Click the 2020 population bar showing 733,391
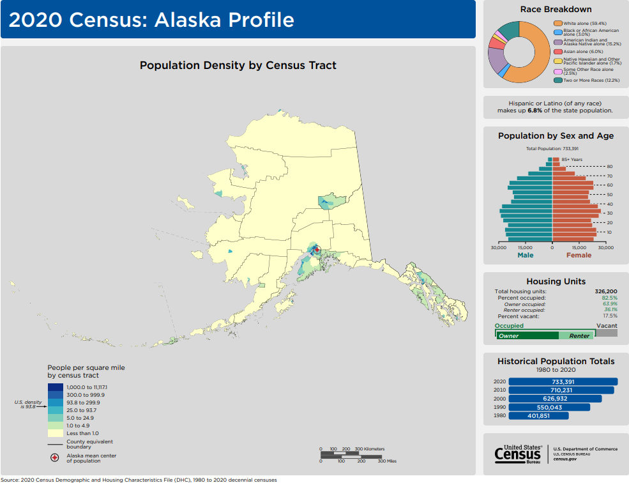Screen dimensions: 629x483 563,381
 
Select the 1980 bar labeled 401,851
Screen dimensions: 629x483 538,415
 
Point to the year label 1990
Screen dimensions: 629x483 499,407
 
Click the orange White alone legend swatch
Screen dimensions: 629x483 557,23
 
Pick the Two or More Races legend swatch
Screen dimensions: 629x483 557,80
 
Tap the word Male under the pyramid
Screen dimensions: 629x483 525,255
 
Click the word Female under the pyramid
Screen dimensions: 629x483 579,255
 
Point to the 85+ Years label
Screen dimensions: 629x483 572,159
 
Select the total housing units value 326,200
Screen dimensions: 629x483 606,291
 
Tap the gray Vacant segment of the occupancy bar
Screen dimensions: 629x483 607,333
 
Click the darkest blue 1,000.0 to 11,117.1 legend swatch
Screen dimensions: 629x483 56,387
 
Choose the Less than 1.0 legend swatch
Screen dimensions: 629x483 56,433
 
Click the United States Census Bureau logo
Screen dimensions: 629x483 518,453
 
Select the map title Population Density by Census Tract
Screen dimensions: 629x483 238,65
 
